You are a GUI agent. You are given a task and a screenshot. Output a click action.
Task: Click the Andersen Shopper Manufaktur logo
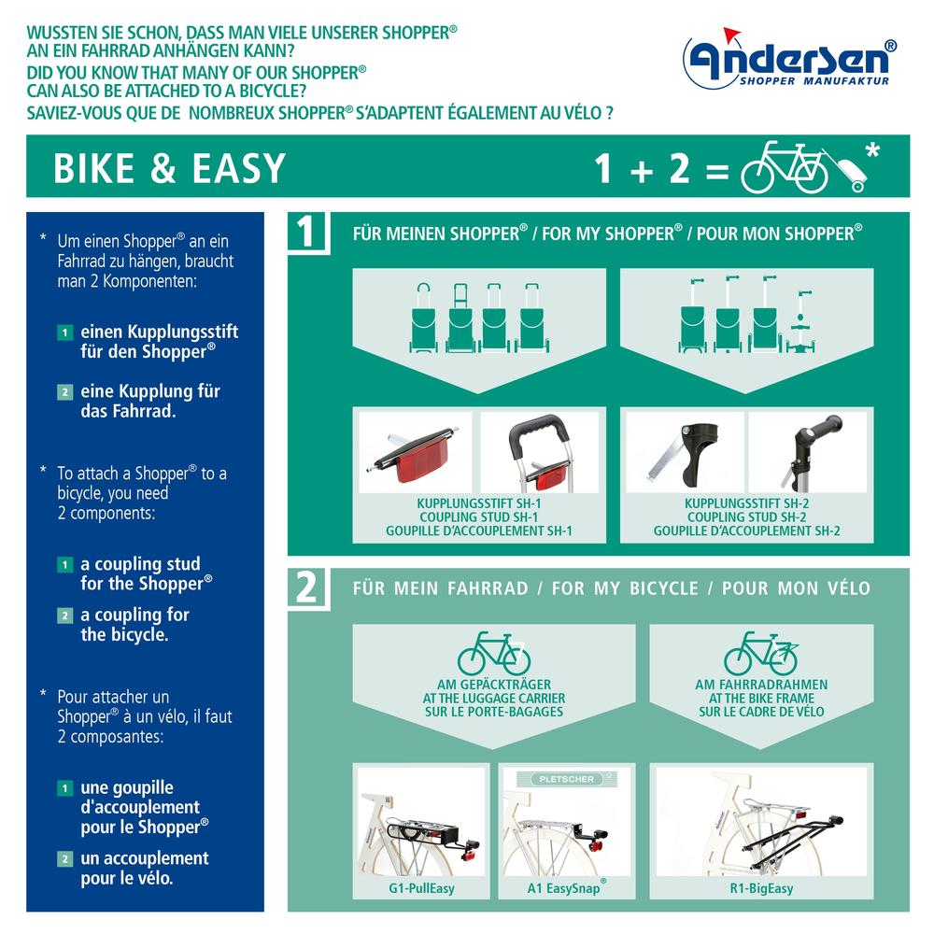(790, 64)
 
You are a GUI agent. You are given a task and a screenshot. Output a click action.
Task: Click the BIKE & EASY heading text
(169, 168)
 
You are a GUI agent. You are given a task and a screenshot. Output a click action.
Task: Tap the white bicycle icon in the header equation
(784, 167)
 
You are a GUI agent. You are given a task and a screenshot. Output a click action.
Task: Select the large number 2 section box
(307, 587)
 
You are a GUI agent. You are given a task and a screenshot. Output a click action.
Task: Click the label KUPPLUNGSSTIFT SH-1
(478, 502)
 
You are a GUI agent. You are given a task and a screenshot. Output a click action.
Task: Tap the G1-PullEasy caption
(422, 887)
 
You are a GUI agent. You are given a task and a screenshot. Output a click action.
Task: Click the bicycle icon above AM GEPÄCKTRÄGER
(493, 652)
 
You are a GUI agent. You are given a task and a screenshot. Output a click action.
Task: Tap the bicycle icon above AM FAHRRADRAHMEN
(761, 652)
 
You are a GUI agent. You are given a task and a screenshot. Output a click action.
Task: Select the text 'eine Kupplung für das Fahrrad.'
(149, 401)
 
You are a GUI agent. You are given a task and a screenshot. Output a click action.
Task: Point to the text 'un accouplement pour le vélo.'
(144, 868)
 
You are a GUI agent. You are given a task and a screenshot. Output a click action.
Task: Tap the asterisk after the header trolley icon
(872, 150)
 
